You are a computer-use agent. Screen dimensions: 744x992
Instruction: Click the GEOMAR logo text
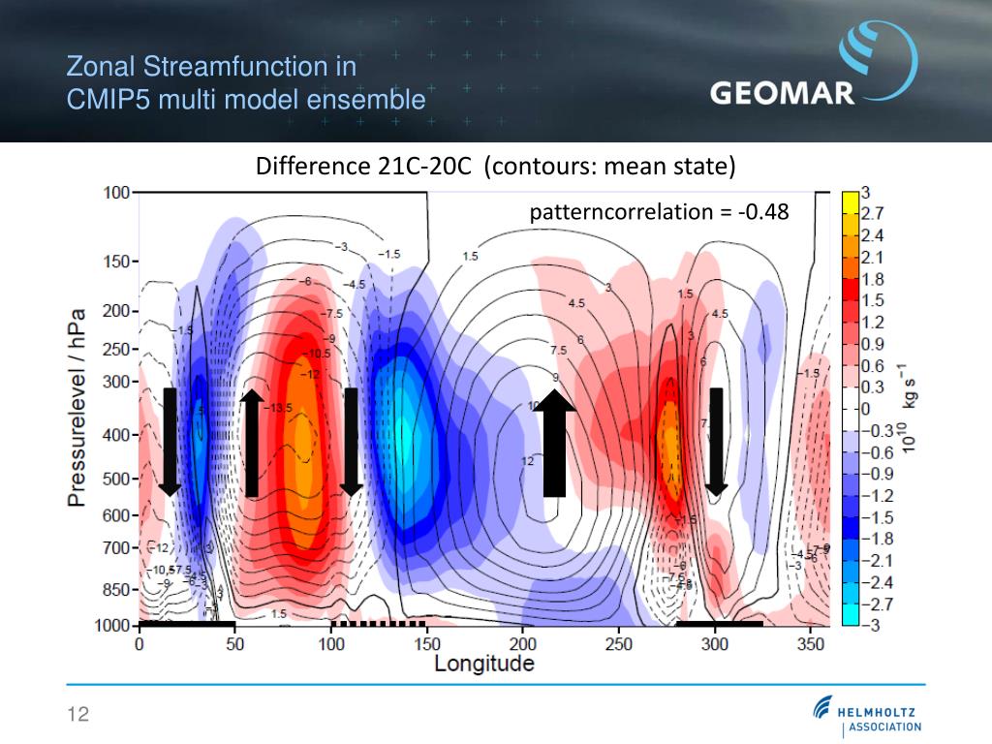782,93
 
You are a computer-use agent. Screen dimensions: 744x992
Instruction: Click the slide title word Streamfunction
249,67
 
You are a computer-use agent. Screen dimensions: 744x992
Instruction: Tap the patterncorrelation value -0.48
764,211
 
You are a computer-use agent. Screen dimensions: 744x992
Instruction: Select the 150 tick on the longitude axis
427,644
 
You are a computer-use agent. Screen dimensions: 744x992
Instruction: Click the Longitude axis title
483,664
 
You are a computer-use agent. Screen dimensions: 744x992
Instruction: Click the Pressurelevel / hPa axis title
77,407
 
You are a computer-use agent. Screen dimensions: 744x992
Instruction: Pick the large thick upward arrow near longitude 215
554,442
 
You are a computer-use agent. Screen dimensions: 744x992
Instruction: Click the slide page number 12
77,715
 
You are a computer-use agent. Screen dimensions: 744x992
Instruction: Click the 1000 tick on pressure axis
110,626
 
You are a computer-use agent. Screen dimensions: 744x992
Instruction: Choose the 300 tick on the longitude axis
715,644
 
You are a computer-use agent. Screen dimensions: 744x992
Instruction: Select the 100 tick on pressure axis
116,192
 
